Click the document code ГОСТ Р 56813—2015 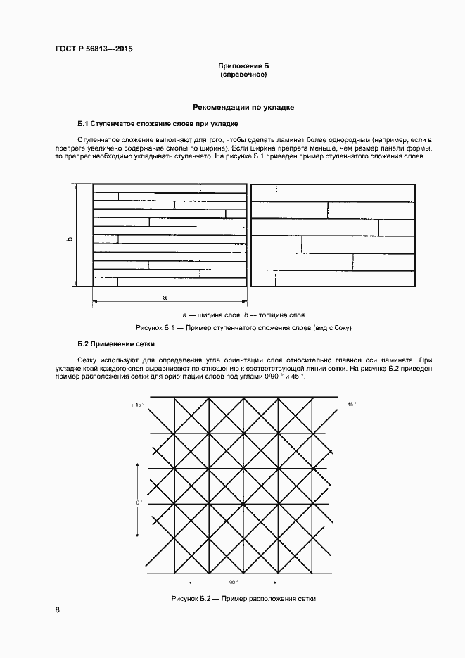coord(94,49)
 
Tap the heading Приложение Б coord(243,65)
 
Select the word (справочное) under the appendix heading coord(243,74)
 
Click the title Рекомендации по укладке coord(243,108)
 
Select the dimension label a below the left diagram coord(165,297)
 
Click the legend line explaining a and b coord(243,315)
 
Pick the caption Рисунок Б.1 coord(243,328)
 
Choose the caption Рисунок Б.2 coord(243,598)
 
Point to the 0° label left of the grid coord(139,502)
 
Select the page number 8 coord(57,610)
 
